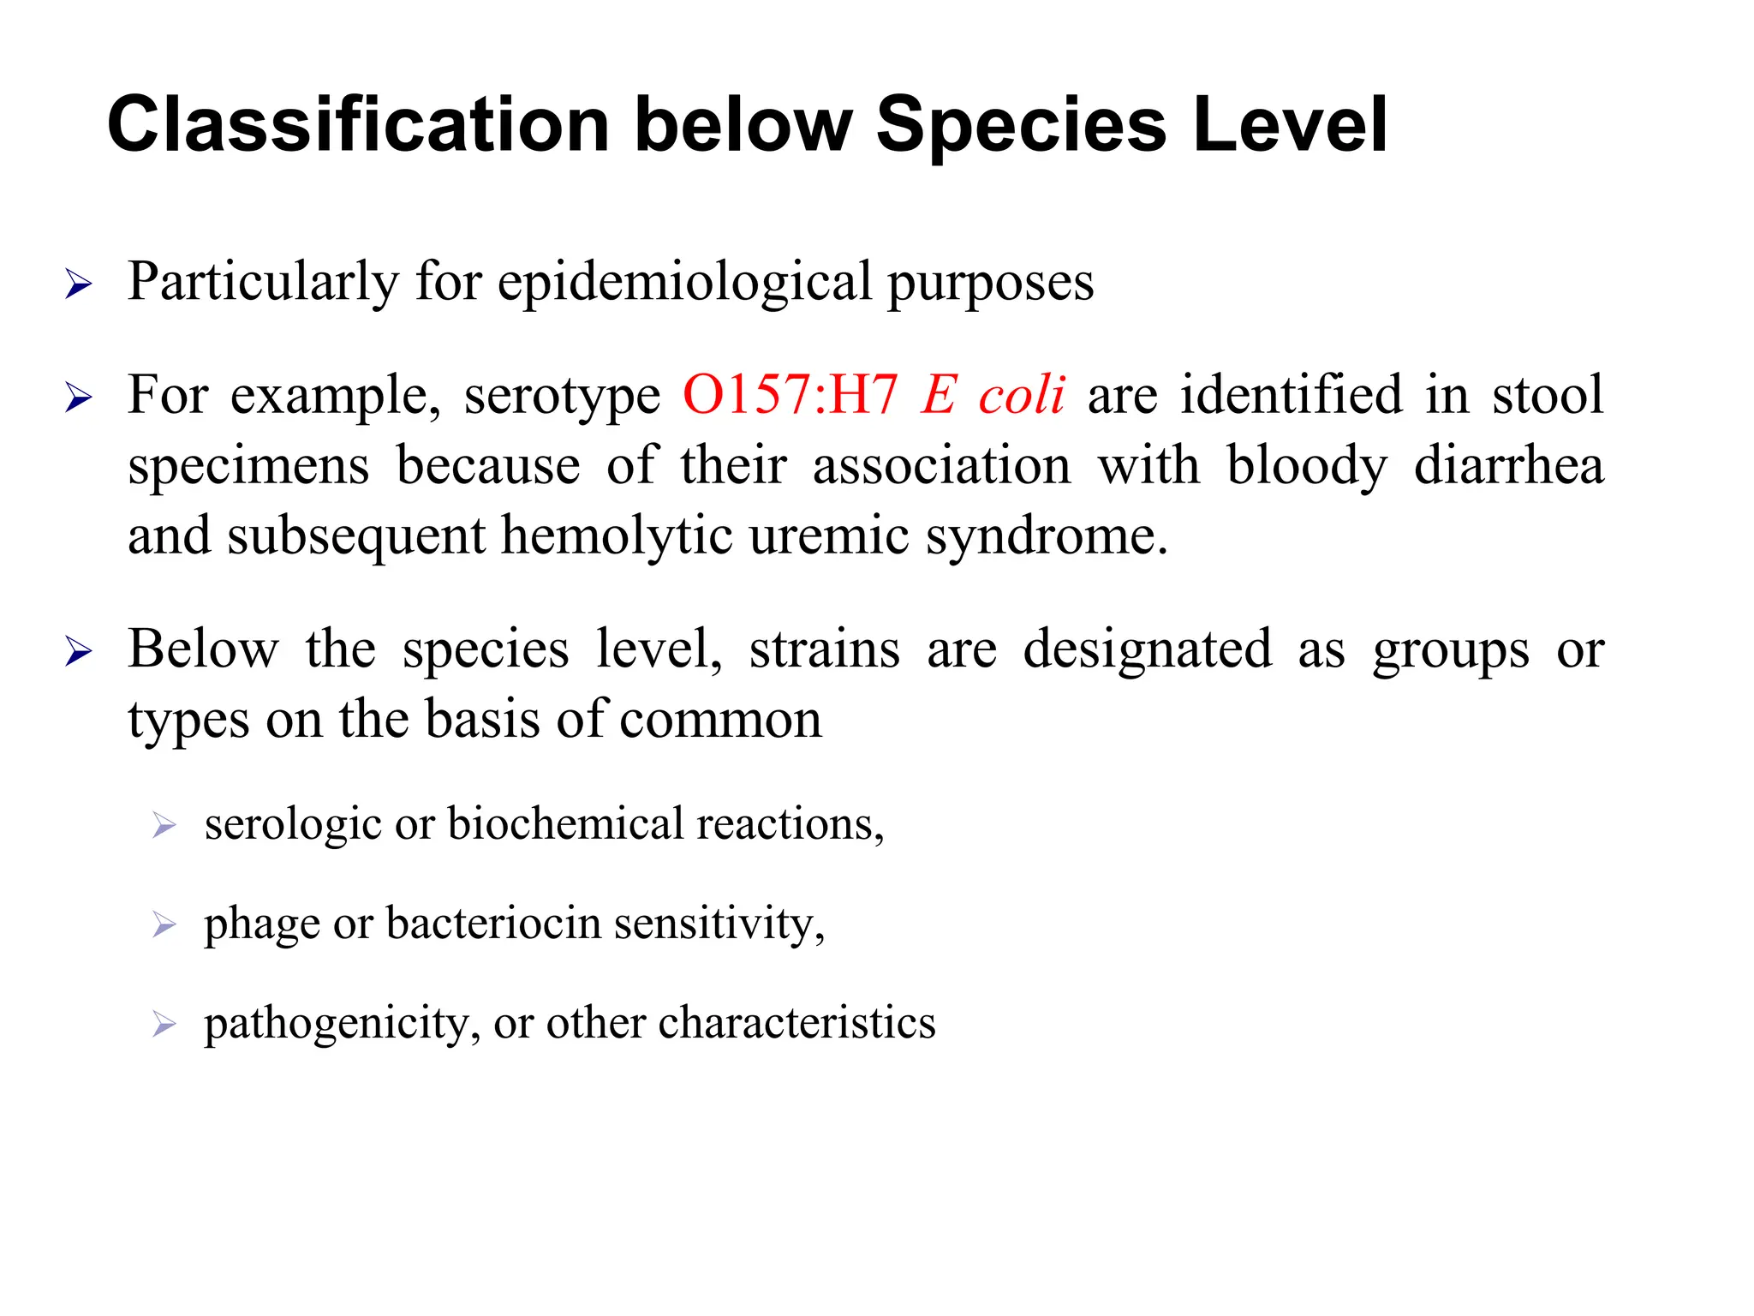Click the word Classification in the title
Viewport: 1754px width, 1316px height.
tap(358, 125)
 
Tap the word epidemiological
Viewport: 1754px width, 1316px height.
tap(684, 283)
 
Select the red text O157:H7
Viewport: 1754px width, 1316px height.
tap(790, 395)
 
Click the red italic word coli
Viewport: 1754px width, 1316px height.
tap(1021, 395)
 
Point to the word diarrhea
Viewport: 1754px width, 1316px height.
tap(1508, 467)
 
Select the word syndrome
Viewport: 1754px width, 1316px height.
tap(1047, 538)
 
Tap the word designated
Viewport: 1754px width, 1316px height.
tap(1147, 649)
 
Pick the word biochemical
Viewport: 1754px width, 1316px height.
tap(565, 823)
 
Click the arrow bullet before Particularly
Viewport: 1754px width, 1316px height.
tap(78, 284)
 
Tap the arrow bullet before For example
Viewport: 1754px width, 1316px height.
tap(78, 398)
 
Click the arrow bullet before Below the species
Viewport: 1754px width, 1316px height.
tap(78, 652)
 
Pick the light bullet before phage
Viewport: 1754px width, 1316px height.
tap(164, 924)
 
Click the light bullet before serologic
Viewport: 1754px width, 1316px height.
tap(164, 825)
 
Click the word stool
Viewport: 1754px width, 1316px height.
tap(1548, 395)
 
